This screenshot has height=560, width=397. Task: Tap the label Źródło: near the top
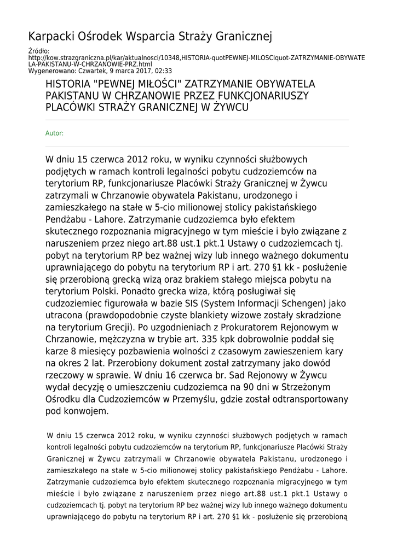point(38,51)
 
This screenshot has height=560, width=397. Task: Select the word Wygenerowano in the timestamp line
point(50,71)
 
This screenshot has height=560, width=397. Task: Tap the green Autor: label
point(54,133)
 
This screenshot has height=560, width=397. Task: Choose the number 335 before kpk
point(195,340)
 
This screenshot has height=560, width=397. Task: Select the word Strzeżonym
point(304,387)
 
